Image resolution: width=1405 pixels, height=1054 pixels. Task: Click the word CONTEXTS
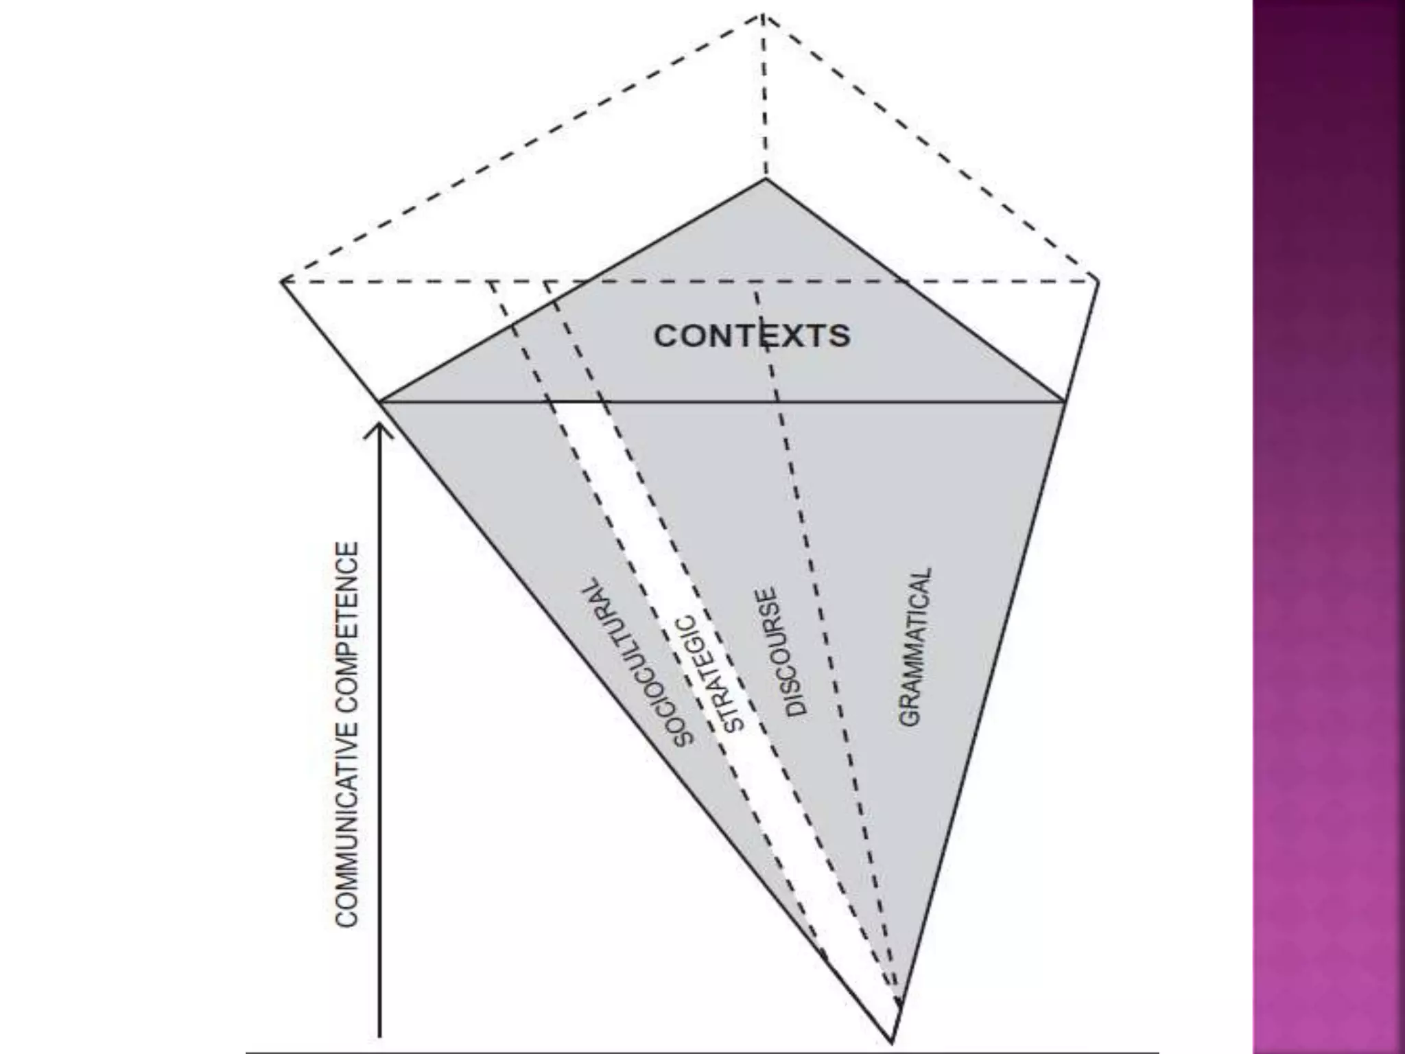[752, 336]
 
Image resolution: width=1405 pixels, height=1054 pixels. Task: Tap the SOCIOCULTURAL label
[637, 664]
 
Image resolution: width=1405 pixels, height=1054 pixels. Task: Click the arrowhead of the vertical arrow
[379, 429]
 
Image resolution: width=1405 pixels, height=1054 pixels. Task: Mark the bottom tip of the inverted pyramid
[892, 1042]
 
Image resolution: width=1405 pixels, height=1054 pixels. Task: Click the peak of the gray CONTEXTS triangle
[766, 179]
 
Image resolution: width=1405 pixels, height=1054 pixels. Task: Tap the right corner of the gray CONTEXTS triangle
[1064, 401]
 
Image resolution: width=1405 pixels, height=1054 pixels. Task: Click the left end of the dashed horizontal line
[283, 281]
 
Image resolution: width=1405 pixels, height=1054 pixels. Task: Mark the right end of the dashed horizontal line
[1096, 281]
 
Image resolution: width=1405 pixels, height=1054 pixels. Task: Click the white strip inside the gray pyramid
[686, 618]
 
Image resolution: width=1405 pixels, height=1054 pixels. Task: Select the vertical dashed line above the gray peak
[764, 96]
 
